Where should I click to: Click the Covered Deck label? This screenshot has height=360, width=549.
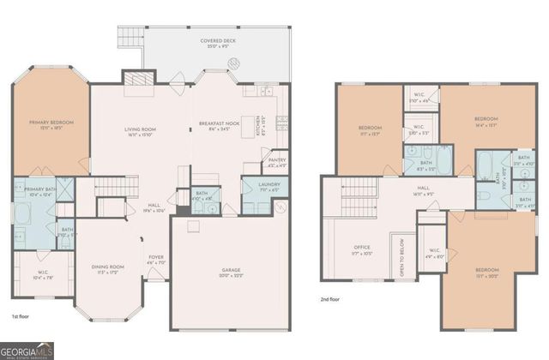(x=219, y=40)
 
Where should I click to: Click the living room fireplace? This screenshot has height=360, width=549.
(x=136, y=78)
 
